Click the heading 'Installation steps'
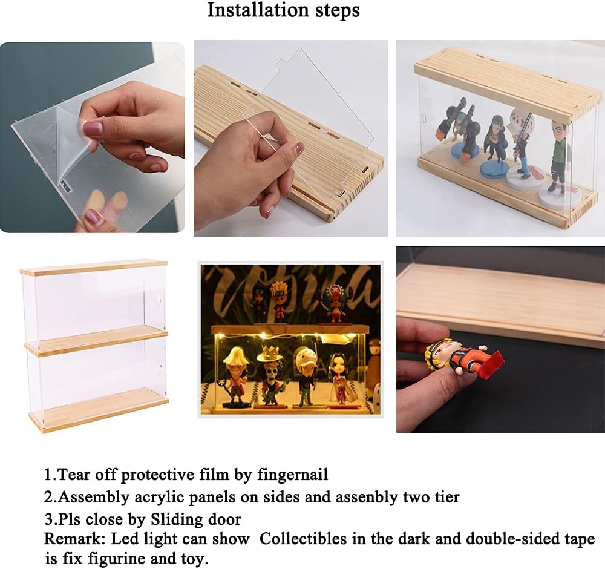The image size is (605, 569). [x=283, y=10]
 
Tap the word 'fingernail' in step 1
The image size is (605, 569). [x=292, y=474]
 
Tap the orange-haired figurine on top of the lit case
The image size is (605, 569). [x=280, y=301]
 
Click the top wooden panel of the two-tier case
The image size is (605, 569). [x=94, y=267]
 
